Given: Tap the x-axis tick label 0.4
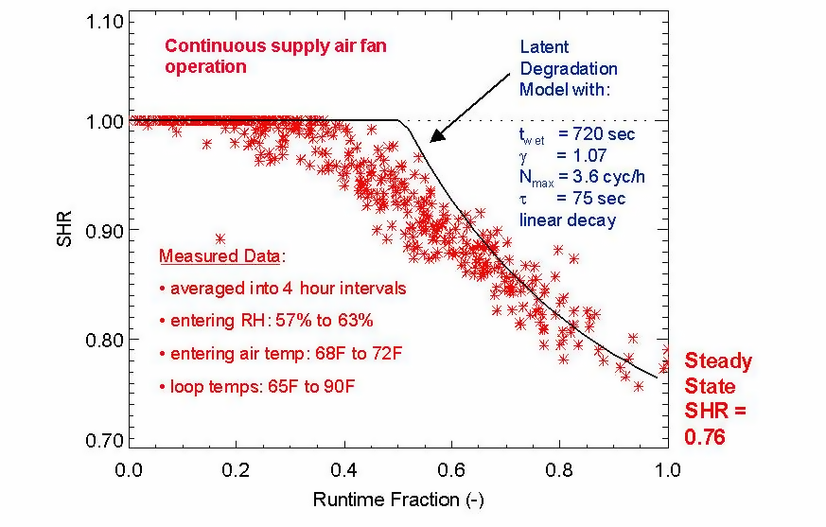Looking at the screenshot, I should tap(344, 468).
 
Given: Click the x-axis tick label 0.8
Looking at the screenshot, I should tap(560, 468).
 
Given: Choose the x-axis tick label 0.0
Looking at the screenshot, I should tap(129, 468).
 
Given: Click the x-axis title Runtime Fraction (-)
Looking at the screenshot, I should tap(398, 498).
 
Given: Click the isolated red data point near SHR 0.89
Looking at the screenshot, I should tap(220, 238).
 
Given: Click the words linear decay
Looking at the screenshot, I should tap(567, 220).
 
